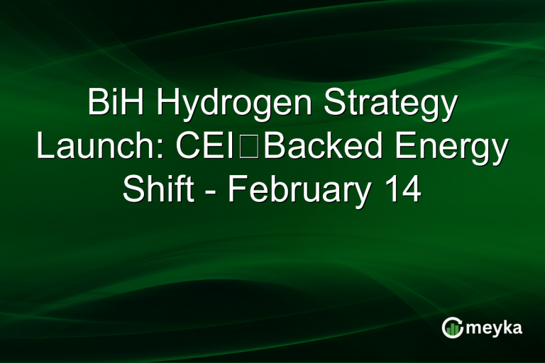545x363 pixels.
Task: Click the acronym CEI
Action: pos(213,147)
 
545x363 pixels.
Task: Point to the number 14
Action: pos(401,189)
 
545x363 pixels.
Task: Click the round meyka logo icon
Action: pos(453,327)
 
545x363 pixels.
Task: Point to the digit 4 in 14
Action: pos(411,189)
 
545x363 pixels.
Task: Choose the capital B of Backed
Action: pos(276,147)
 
